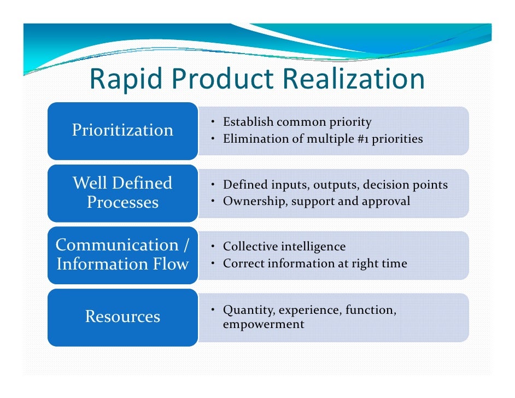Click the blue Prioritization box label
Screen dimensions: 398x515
[122, 130]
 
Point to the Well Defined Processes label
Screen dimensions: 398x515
[122, 192]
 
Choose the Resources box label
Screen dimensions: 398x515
[122, 317]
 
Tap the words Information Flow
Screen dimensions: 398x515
[122, 264]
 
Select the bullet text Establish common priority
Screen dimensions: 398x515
[297, 122]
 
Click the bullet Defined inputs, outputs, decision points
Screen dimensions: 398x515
[335, 185]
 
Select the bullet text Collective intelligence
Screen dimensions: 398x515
[284, 247]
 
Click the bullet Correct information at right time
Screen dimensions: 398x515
[315, 264]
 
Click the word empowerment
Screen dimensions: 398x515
[264, 324]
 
